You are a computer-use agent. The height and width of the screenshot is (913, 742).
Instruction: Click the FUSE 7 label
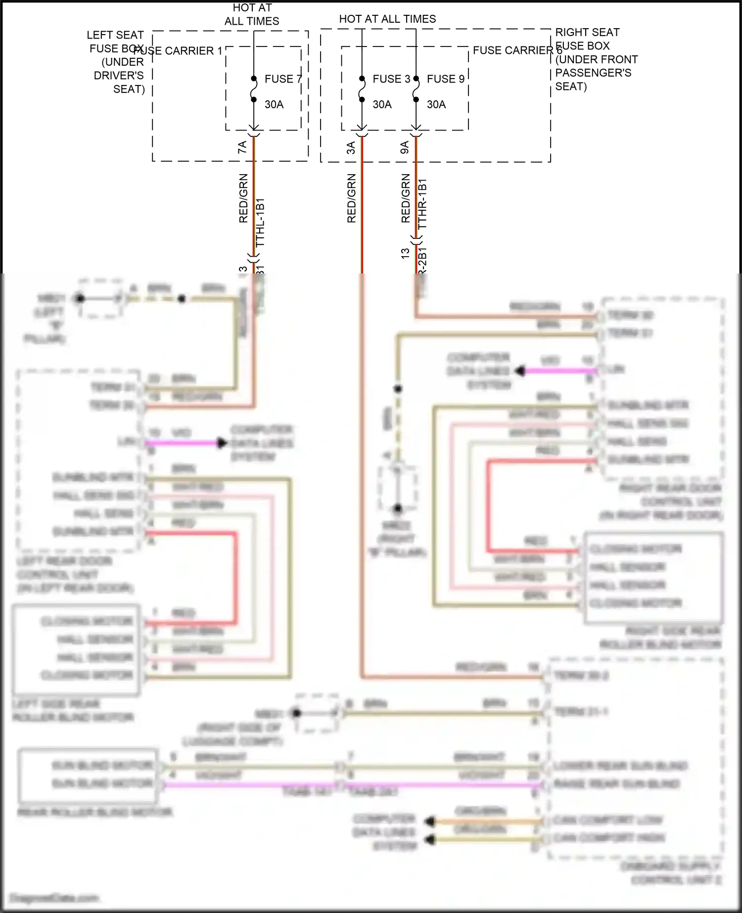point(282,79)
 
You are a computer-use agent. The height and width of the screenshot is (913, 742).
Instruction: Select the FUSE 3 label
point(391,79)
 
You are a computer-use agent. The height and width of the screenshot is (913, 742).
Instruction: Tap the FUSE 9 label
point(445,79)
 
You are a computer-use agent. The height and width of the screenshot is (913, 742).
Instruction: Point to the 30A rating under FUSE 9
point(436,104)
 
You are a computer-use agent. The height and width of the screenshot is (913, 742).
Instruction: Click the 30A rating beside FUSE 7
point(274,104)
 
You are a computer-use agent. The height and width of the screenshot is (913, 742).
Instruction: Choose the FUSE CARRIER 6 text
point(517,50)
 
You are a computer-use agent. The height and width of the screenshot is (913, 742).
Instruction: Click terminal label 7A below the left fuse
point(242,147)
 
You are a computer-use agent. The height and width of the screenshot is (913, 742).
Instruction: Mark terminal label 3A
point(351,147)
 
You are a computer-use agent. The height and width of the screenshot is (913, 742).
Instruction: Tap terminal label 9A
point(405,147)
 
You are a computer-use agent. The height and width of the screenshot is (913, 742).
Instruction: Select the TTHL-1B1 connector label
point(260,223)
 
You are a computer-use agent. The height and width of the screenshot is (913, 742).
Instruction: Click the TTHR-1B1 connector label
point(422,204)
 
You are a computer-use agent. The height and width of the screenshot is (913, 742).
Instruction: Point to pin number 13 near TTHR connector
point(405,253)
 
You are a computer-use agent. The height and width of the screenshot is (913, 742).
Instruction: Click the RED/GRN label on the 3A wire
point(351,198)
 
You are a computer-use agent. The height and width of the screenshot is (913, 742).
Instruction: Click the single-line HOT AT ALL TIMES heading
point(387,19)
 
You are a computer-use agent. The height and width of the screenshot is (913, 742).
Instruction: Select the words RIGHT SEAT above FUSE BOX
point(587,32)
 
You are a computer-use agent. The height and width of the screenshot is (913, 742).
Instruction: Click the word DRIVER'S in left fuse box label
point(119,75)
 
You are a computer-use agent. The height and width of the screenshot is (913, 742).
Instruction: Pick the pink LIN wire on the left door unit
point(183,443)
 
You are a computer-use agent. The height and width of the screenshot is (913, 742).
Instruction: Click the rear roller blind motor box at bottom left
point(88,775)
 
